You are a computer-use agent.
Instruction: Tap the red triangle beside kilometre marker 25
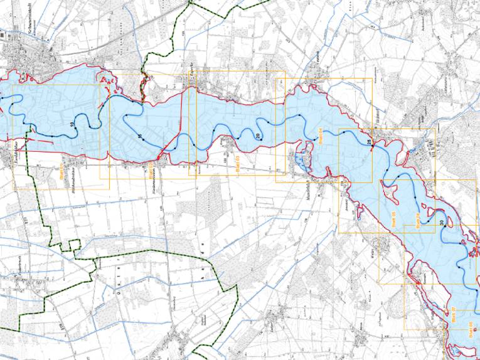click(373, 148)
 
